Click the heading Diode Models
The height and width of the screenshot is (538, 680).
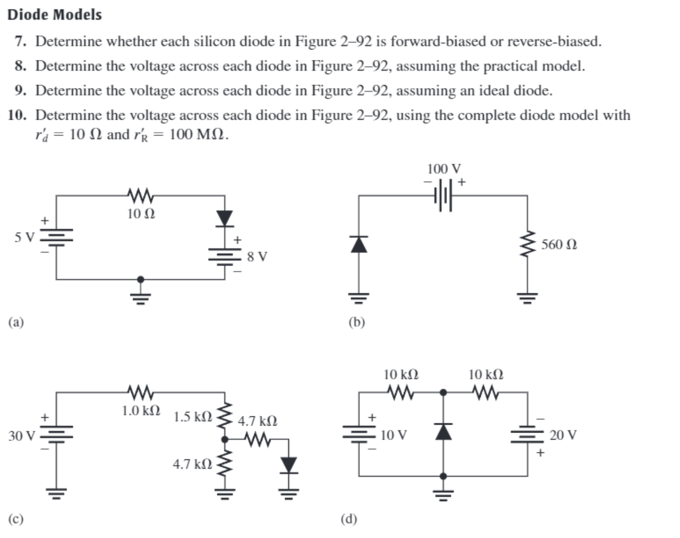pyautogui.click(x=54, y=14)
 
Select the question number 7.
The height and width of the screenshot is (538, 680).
pyautogui.click(x=20, y=41)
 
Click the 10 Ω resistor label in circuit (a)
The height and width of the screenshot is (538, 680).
pyautogui.click(x=141, y=214)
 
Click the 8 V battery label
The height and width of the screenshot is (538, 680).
pyautogui.click(x=257, y=256)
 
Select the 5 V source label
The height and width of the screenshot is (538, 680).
pyautogui.click(x=24, y=237)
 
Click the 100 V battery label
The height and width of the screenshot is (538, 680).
pyautogui.click(x=443, y=169)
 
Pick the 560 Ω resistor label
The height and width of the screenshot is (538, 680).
pyautogui.click(x=559, y=244)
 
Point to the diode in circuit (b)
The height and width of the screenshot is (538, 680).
pyautogui.click(x=359, y=244)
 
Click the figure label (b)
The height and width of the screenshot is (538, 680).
pyautogui.click(x=356, y=322)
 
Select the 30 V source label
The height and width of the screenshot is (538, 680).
pyautogui.click(x=22, y=436)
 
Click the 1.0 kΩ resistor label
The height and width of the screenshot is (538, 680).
pyautogui.click(x=141, y=410)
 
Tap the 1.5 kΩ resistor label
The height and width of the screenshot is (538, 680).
pyautogui.click(x=193, y=416)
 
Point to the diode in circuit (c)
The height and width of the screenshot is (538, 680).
pyautogui.click(x=289, y=465)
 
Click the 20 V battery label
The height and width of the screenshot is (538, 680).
pyautogui.click(x=563, y=435)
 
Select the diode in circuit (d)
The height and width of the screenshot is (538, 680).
pyautogui.click(x=443, y=431)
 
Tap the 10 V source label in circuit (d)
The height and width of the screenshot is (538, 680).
pyautogui.click(x=393, y=435)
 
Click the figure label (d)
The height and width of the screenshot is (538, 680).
pyautogui.click(x=348, y=519)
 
